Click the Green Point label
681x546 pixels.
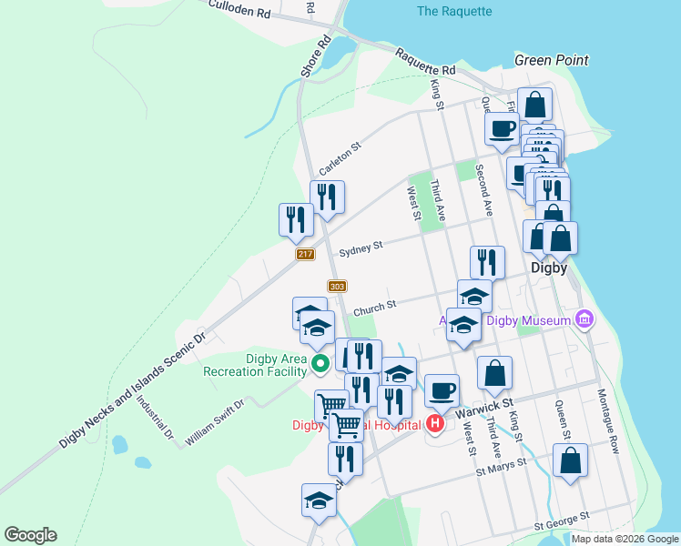click(x=551, y=60)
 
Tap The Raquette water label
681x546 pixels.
click(x=453, y=12)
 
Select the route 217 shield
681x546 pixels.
click(x=305, y=255)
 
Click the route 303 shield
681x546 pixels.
click(x=337, y=287)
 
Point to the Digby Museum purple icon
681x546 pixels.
click(x=584, y=319)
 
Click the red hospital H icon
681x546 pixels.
click(x=435, y=423)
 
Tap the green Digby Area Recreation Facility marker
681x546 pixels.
click(x=320, y=365)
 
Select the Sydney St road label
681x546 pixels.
click(x=361, y=248)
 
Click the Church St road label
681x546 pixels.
click(x=374, y=307)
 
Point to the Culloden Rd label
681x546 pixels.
click(x=239, y=10)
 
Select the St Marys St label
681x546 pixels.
click(x=502, y=468)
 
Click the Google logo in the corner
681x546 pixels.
click(x=30, y=535)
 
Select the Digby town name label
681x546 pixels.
click(x=549, y=268)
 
